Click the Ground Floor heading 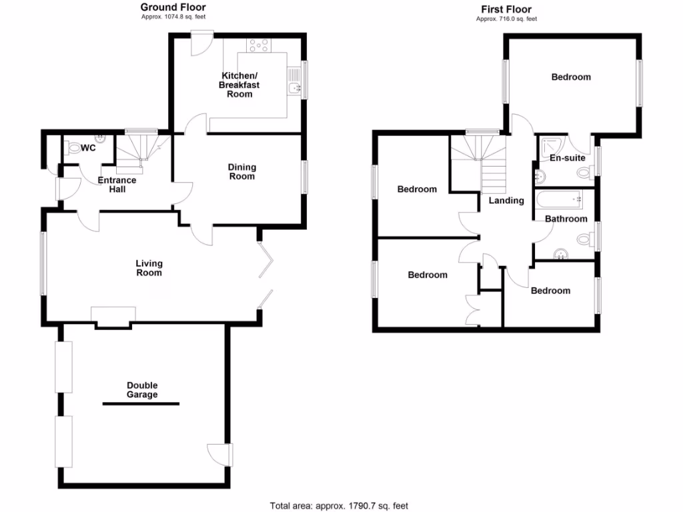pyautogui.click(x=177, y=7)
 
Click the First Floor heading pyautogui.click(x=506, y=9)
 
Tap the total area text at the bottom pyautogui.click(x=338, y=505)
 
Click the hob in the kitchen pyautogui.click(x=259, y=45)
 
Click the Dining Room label pyautogui.click(x=241, y=171)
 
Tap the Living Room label pyautogui.click(x=149, y=268)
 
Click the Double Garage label pyautogui.click(x=143, y=390)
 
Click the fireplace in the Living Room pyautogui.click(x=113, y=317)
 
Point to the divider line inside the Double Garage pyautogui.click(x=141, y=404)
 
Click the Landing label pyautogui.click(x=506, y=201)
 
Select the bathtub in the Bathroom pyautogui.click(x=558, y=199)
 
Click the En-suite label pyautogui.click(x=567, y=158)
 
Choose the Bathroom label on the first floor pyautogui.click(x=566, y=219)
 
